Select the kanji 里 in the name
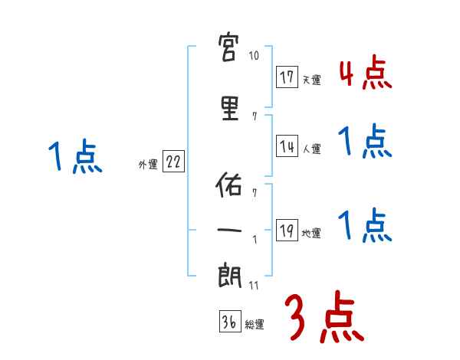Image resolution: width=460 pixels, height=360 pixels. pos(232,108)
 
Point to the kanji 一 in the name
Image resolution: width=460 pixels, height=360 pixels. pos(232,229)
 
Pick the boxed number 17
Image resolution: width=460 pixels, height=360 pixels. pos(287,77)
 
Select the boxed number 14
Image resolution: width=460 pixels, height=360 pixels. pos(287,146)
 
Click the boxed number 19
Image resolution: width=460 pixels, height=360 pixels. pos(287,231)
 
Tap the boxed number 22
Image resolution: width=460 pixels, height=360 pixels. pos(173,162)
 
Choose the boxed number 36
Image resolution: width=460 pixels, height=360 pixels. pos(229,322)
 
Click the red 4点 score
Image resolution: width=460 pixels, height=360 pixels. pos(365,74)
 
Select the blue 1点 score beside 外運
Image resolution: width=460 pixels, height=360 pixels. pos(74,156)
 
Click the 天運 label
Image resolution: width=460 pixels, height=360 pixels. pos(311,80)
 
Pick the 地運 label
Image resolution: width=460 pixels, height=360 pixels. pos(311,234)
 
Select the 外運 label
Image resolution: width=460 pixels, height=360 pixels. pos(148,164)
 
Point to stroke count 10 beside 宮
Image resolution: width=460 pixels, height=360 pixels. pos(255,56)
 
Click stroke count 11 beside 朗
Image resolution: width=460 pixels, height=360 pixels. pos(255,286)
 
